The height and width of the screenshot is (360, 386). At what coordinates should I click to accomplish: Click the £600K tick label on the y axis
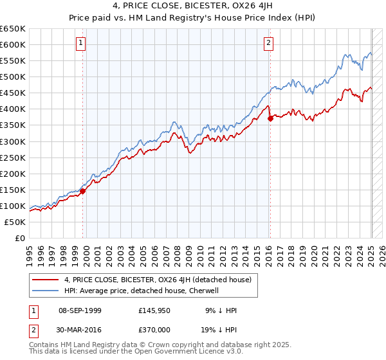click(x=13, y=44)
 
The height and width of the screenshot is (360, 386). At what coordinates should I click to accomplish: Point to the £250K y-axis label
click(x=13, y=157)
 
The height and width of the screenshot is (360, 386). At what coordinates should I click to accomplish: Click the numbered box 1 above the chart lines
click(x=81, y=43)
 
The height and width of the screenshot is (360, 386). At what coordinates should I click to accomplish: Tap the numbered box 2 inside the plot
click(x=268, y=43)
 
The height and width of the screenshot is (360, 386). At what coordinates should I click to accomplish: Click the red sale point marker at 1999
click(x=83, y=190)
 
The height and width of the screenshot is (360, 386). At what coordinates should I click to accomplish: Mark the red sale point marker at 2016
click(x=270, y=118)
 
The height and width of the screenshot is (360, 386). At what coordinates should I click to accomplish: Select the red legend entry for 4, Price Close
click(x=161, y=280)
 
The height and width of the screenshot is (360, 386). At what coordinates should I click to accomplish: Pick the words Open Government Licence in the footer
click(x=174, y=352)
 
